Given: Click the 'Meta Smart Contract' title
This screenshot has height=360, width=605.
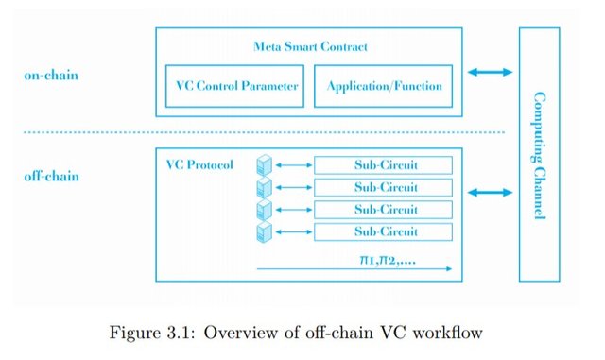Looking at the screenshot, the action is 310,46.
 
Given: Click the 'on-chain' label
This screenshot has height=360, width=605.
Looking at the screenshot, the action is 51,75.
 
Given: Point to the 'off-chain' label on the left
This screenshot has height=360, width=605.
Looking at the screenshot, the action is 51,177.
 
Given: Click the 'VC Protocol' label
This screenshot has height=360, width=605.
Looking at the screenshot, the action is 199,164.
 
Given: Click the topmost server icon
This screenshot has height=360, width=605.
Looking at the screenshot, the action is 265,165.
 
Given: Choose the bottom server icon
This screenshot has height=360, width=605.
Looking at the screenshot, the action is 265,231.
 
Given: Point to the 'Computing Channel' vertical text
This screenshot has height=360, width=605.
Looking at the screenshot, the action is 540,156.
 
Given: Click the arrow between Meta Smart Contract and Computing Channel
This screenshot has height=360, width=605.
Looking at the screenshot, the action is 490,72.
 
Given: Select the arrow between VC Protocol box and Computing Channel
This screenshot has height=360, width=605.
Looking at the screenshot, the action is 490,192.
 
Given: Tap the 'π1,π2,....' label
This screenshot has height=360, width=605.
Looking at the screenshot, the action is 388,260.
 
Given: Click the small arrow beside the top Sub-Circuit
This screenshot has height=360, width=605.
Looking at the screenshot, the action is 294,165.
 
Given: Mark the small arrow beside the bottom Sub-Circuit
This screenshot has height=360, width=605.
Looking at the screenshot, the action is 294,231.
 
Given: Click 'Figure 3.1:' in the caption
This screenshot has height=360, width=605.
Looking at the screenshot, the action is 153,333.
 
